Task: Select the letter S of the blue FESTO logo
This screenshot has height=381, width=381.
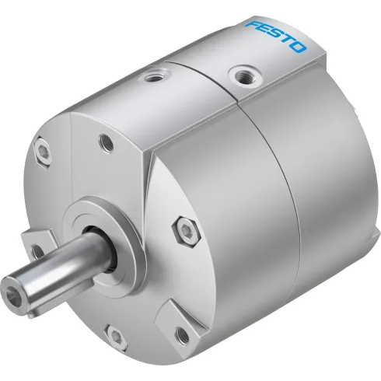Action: [278, 36]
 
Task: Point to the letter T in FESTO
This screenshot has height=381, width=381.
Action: [288, 41]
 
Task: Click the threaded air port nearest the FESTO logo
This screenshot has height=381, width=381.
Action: [245, 75]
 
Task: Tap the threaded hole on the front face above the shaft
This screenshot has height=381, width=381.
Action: [107, 143]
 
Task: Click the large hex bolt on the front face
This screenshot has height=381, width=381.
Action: [186, 232]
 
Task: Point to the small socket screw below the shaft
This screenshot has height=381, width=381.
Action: [117, 337]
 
